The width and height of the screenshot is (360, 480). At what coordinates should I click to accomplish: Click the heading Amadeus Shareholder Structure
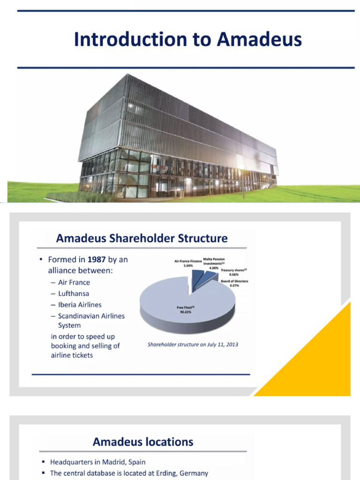tap(142, 238)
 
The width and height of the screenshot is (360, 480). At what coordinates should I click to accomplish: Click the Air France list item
tap(74, 282)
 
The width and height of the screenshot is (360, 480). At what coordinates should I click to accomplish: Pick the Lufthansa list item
tap(74, 293)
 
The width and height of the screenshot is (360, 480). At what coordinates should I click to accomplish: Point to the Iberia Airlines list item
tap(80, 305)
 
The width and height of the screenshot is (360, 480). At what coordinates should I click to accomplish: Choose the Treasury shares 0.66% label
tap(233, 272)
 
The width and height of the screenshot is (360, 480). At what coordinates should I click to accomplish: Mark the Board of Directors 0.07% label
tap(234, 283)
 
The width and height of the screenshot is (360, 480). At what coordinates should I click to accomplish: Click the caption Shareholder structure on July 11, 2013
tap(193, 345)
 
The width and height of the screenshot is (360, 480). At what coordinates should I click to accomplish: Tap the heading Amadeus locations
tap(142, 442)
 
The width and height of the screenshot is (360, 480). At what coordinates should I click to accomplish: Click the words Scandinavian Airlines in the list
tap(91, 316)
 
